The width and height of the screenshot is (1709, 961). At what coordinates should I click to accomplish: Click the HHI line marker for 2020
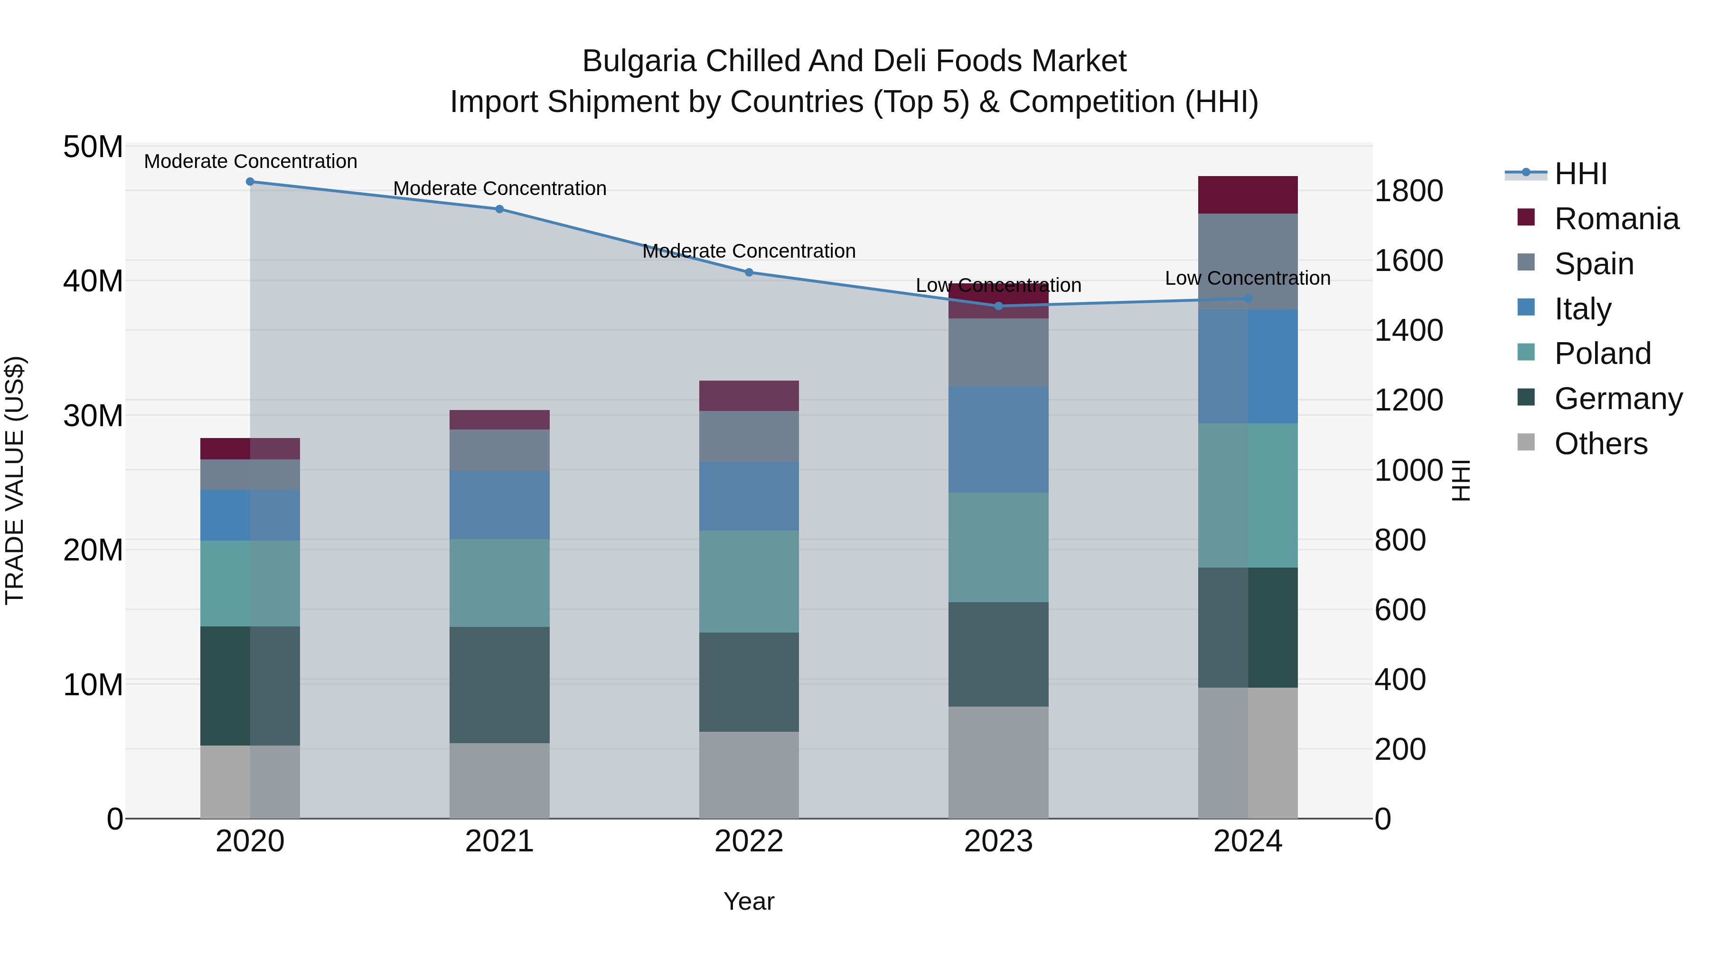point(250,182)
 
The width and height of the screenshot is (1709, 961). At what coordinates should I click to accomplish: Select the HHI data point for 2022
point(749,272)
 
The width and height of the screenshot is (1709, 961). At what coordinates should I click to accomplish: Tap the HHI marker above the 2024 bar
point(1248,299)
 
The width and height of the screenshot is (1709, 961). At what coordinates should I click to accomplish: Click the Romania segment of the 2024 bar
point(1248,195)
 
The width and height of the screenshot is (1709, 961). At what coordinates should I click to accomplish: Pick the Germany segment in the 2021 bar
point(499,685)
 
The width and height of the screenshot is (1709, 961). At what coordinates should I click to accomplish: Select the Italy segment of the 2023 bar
point(998,440)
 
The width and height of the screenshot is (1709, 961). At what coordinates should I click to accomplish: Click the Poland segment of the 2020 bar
point(250,584)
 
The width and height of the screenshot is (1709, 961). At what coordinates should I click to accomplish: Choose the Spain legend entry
point(1594,264)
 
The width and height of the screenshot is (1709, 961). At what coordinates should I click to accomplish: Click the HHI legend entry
point(1580,174)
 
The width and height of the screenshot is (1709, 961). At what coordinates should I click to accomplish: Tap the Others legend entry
point(1600,444)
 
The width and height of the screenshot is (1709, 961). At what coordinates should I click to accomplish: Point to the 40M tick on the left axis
point(93,281)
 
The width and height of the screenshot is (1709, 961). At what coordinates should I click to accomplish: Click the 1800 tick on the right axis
point(1409,191)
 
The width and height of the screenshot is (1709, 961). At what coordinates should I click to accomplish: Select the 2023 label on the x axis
point(998,841)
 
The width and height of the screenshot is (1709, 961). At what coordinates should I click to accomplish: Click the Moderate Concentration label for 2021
point(499,188)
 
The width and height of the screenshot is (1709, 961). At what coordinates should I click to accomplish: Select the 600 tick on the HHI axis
point(1400,610)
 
